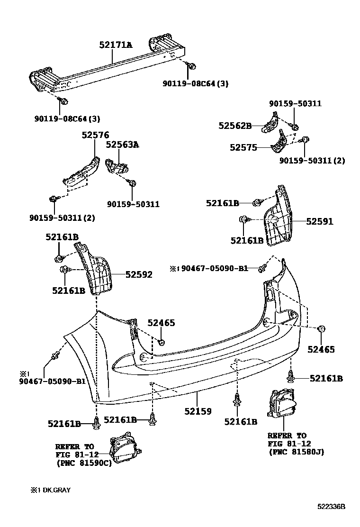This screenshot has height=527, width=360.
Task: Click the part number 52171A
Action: (x=116, y=45)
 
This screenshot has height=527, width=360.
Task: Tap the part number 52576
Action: (x=95, y=135)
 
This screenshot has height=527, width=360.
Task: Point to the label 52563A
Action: (x=122, y=145)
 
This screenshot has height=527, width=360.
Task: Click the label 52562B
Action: (x=235, y=126)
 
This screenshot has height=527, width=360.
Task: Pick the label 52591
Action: (x=319, y=221)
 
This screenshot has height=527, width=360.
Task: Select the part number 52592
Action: (x=139, y=274)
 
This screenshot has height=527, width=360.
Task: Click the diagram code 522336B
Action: (x=331, y=507)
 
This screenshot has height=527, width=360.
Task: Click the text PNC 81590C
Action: (x=83, y=463)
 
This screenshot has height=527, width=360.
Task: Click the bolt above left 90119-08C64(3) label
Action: (x=63, y=100)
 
